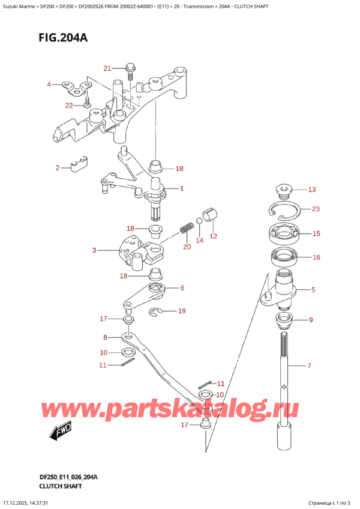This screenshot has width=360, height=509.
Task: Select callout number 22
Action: pos(70,106)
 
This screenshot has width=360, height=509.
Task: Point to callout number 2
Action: pos(58,167)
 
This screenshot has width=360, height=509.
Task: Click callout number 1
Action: pos(181,188)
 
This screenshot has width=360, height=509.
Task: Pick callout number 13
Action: pos(311,190)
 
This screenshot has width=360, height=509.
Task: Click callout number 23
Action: pos(316,209)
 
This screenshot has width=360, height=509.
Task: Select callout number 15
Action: pos(316,233)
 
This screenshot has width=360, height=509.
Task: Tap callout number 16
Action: pos(316,258)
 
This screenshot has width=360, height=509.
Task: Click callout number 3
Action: pos(94,250)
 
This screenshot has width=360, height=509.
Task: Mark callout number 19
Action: pos(182,311)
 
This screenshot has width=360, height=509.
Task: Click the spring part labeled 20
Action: pos(187,229)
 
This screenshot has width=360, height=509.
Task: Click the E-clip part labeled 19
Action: pos(155,311)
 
